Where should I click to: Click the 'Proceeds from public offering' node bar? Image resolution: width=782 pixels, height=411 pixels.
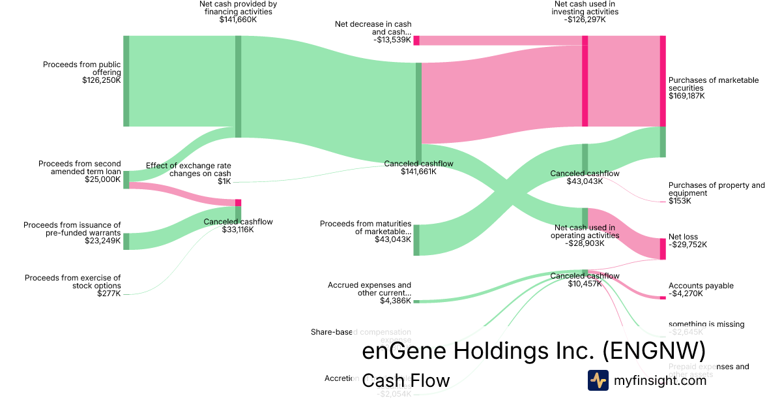point(126,81)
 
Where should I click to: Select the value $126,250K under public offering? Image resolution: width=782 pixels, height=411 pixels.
point(101,80)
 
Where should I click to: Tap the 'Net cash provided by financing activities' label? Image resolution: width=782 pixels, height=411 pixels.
point(238,8)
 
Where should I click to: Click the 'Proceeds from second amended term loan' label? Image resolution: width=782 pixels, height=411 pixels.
point(80,168)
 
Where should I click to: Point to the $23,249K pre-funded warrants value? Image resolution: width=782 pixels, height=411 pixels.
point(102,241)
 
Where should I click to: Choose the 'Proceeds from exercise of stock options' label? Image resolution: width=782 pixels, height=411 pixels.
point(72,282)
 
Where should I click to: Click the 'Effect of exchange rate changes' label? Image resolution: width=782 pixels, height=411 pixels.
point(188,170)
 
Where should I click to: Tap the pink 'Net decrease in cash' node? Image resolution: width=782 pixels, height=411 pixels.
point(416,40)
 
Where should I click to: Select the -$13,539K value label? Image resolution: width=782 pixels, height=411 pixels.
point(392,40)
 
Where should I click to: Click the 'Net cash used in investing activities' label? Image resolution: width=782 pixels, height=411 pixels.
point(585,8)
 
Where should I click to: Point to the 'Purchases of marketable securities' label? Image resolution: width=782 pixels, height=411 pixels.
point(714,84)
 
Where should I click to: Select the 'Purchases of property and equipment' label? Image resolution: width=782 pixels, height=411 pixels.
point(716,189)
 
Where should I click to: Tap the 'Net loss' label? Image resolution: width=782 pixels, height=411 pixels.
point(684,237)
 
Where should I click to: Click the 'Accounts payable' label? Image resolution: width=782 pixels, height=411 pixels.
point(701,286)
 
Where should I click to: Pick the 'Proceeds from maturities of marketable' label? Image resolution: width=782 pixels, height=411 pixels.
point(366,228)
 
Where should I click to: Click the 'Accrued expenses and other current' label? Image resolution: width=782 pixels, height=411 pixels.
point(369,289)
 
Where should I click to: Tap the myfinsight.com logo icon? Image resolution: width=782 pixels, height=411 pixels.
point(598,380)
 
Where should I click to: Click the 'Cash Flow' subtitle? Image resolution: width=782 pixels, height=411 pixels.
point(405,381)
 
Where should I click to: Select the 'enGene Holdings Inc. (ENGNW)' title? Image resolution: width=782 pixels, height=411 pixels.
point(533,352)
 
